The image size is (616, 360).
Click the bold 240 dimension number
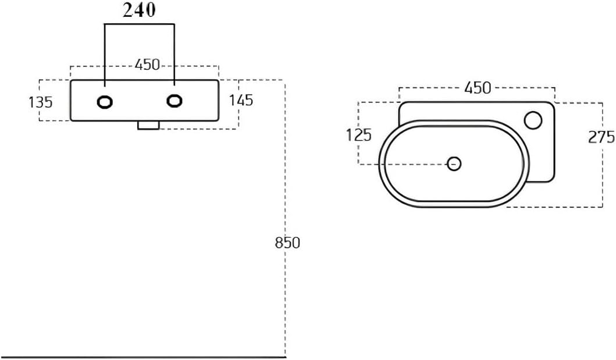(139, 10)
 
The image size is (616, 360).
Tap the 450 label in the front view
(147, 65)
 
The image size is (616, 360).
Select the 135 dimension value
(41, 102)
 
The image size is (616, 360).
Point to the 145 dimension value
(241, 101)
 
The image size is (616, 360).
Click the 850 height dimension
(287, 243)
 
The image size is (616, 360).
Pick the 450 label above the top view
(478, 88)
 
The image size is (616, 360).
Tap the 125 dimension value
(359, 136)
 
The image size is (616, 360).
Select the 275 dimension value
(601, 137)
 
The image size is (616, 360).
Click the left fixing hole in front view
(105, 102)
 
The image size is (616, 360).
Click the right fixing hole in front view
(174, 101)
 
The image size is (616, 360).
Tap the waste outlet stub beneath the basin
(148, 125)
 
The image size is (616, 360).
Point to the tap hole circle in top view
(533, 120)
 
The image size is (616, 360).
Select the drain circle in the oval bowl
(454, 163)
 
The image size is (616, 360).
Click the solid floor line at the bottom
(143, 357)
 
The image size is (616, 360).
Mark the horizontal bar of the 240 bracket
(140, 25)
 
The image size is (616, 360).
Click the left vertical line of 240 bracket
(105, 55)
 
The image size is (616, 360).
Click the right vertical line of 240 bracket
(174, 55)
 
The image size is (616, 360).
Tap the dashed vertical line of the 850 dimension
(284, 218)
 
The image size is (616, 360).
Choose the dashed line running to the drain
(403, 164)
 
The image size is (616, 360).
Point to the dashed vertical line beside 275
(602, 155)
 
